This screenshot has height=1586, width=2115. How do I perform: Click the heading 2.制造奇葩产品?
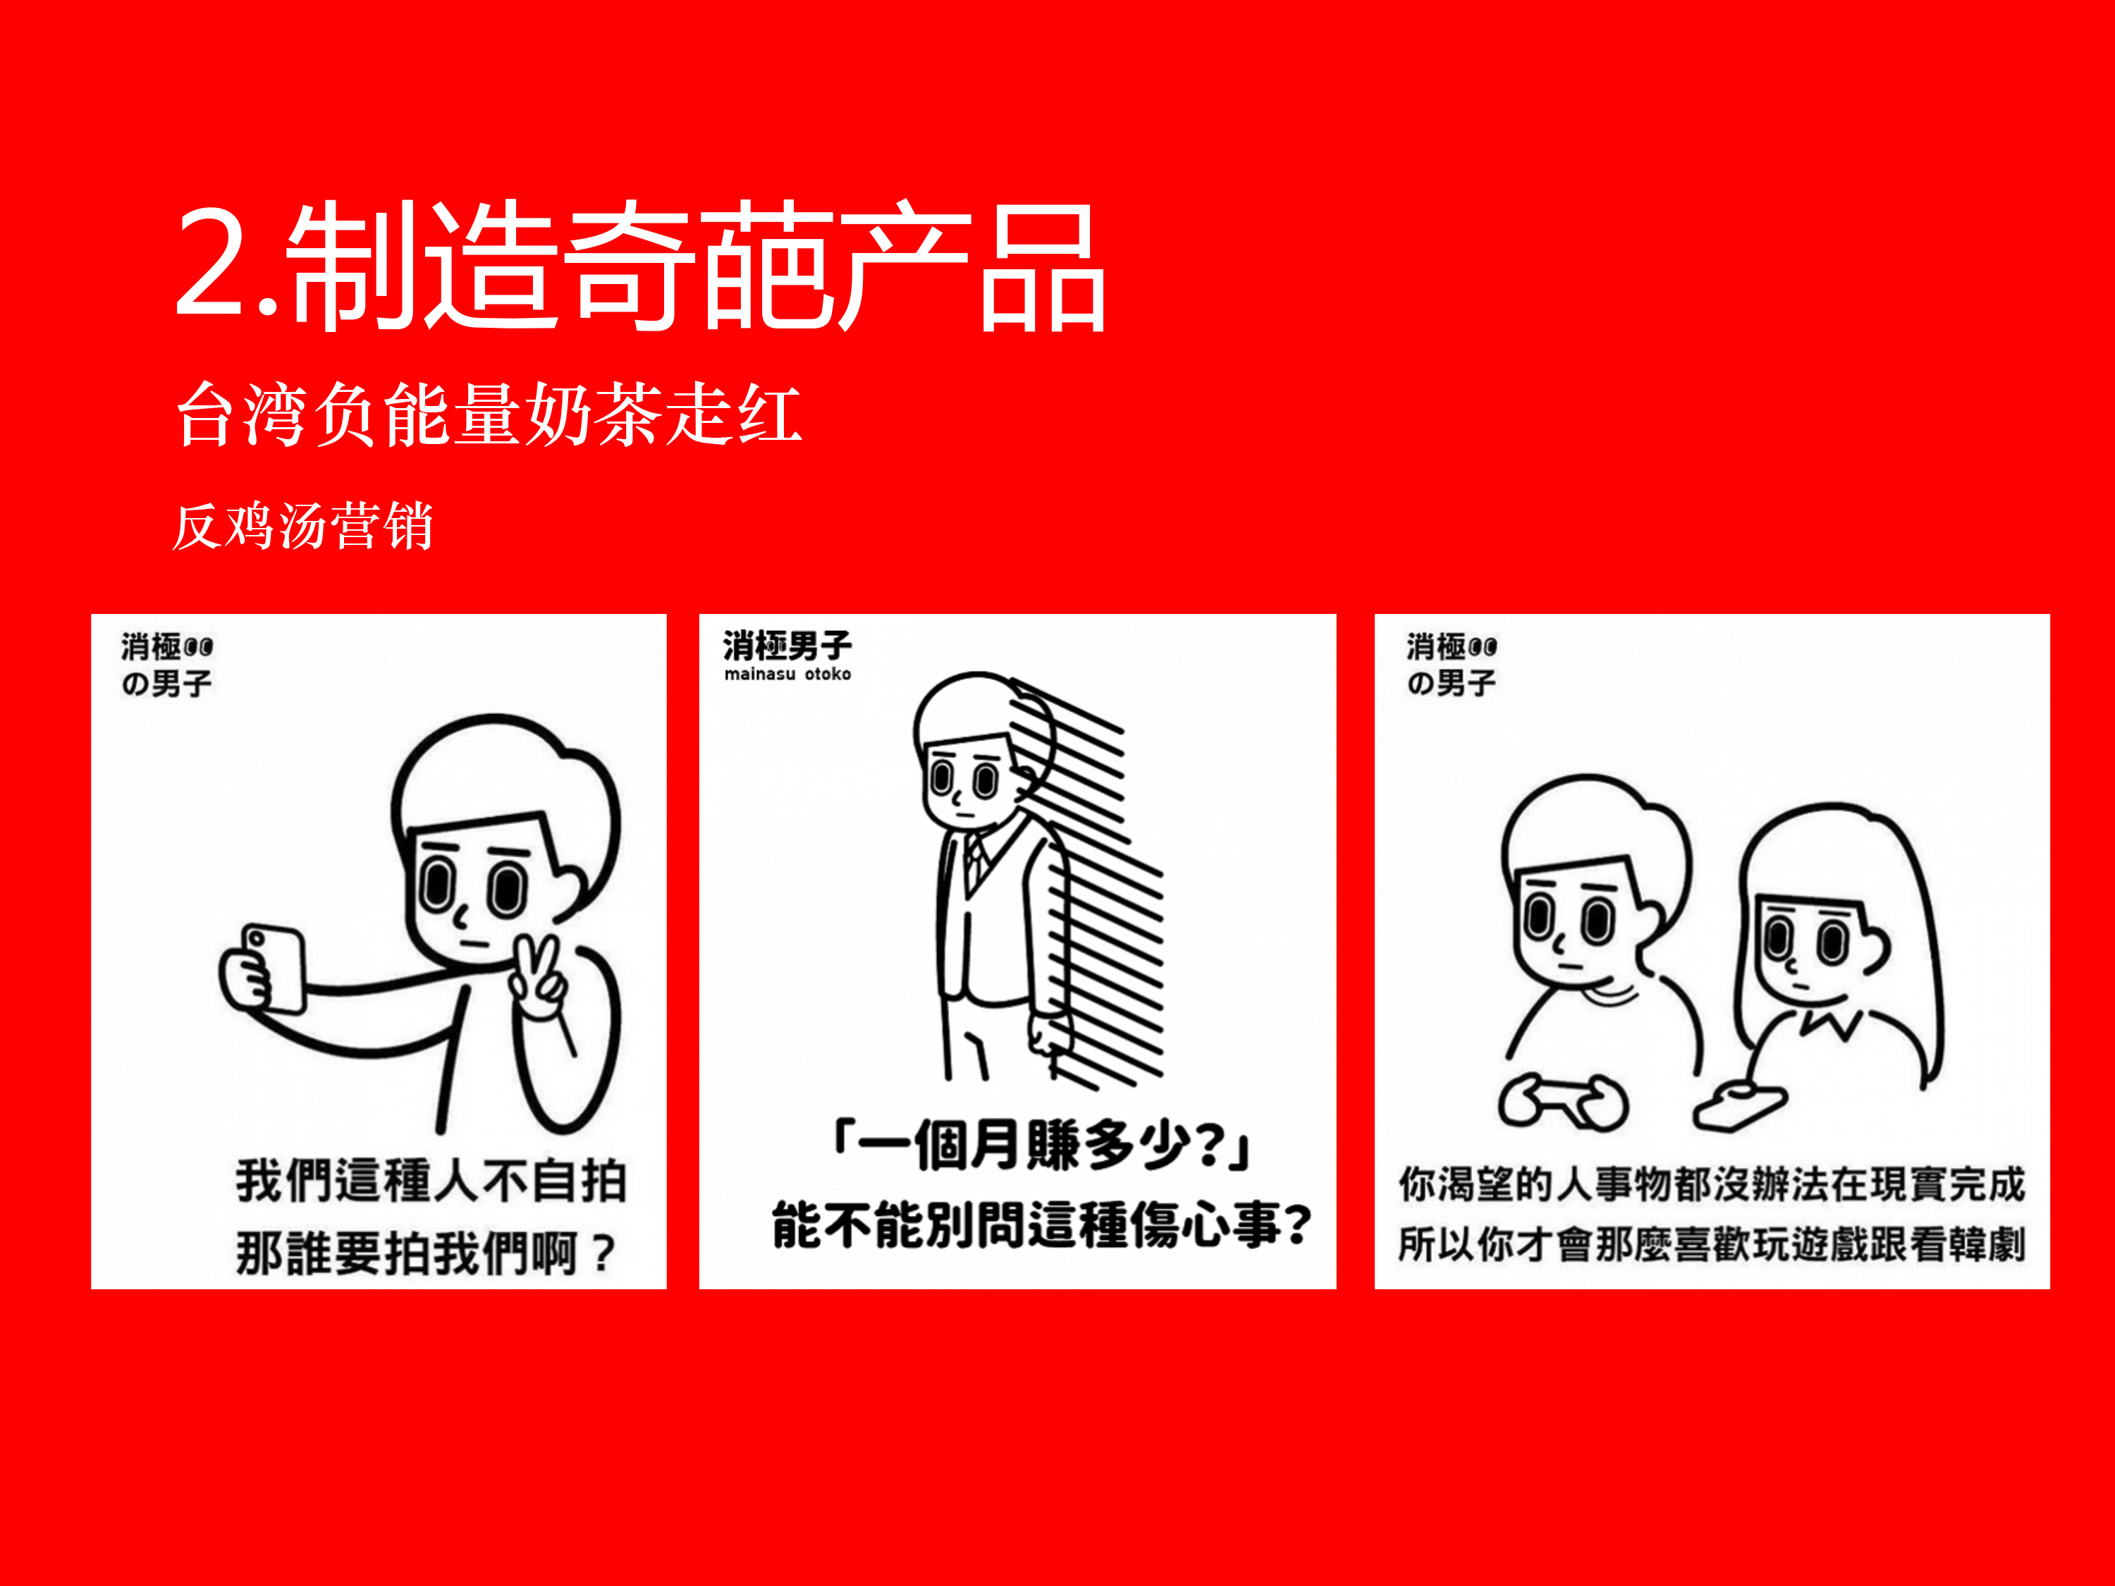click(x=641, y=266)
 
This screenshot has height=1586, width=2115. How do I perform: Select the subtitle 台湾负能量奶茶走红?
click(x=489, y=414)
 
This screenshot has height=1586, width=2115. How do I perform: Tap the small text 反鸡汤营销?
click(x=302, y=526)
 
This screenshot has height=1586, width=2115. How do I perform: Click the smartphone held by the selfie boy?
click(x=274, y=968)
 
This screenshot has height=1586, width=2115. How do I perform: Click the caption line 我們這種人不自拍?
click(x=431, y=1181)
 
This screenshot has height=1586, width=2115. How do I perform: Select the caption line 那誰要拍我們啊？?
click(x=426, y=1253)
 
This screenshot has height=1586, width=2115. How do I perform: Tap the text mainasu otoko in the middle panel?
click(x=787, y=674)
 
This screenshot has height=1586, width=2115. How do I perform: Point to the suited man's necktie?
click(x=974, y=861)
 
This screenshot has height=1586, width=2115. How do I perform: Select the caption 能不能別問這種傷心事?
click(x=1041, y=1224)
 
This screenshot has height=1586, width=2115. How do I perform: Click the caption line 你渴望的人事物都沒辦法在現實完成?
click(x=1712, y=1184)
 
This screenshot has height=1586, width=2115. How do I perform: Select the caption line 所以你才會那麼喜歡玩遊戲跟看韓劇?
click(x=1712, y=1243)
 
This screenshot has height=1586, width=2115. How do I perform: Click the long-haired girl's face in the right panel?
click(x=1810, y=947)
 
